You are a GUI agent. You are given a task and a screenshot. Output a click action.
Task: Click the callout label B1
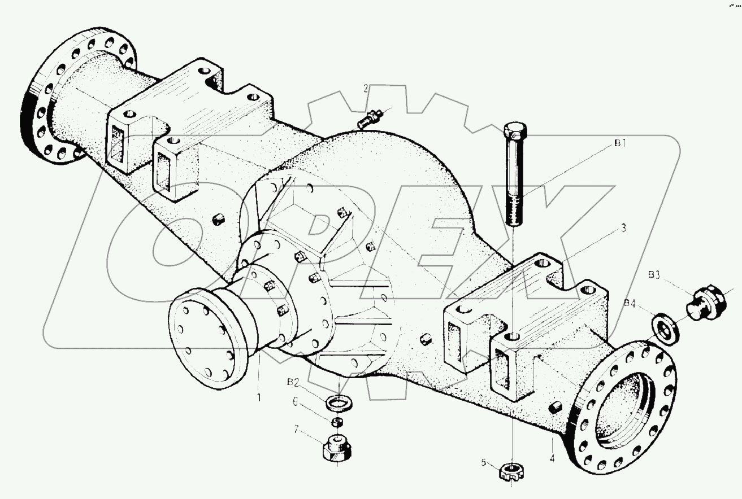point(620,143)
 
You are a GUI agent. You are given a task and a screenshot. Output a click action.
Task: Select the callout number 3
point(623,228)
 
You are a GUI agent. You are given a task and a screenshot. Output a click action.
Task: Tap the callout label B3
point(654,275)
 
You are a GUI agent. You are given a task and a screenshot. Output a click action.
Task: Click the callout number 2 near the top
point(366,88)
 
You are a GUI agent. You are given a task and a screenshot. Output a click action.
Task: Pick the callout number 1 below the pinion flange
point(259,397)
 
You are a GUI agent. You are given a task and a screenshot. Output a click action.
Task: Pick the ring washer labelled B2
point(339,404)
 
